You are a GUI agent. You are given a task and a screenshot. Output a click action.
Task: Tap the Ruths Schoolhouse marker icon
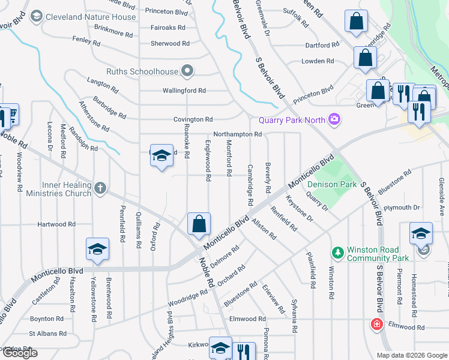click(x=187, y=71)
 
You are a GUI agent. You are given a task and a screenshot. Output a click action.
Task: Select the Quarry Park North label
click(x=292, y=120)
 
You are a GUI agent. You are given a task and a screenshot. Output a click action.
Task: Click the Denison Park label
click(x=332, y=185)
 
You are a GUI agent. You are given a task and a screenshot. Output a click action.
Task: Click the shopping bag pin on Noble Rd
click(x=199, y=224)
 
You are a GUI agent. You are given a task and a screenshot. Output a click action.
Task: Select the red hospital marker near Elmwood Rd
click(x=377, y=324)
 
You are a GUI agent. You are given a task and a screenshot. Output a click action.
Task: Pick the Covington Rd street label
click(x=193, y=119)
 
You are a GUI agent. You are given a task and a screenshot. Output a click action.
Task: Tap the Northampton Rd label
click(x=237, y=134)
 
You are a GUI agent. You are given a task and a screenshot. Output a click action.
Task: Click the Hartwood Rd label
click(x=56, y=224)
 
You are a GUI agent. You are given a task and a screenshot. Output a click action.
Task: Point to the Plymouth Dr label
click(x=402, y=208)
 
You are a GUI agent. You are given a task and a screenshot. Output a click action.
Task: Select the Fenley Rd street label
click(x=86, y=41)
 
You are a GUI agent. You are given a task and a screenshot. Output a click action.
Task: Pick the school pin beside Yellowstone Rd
click(x=96, y=249)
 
